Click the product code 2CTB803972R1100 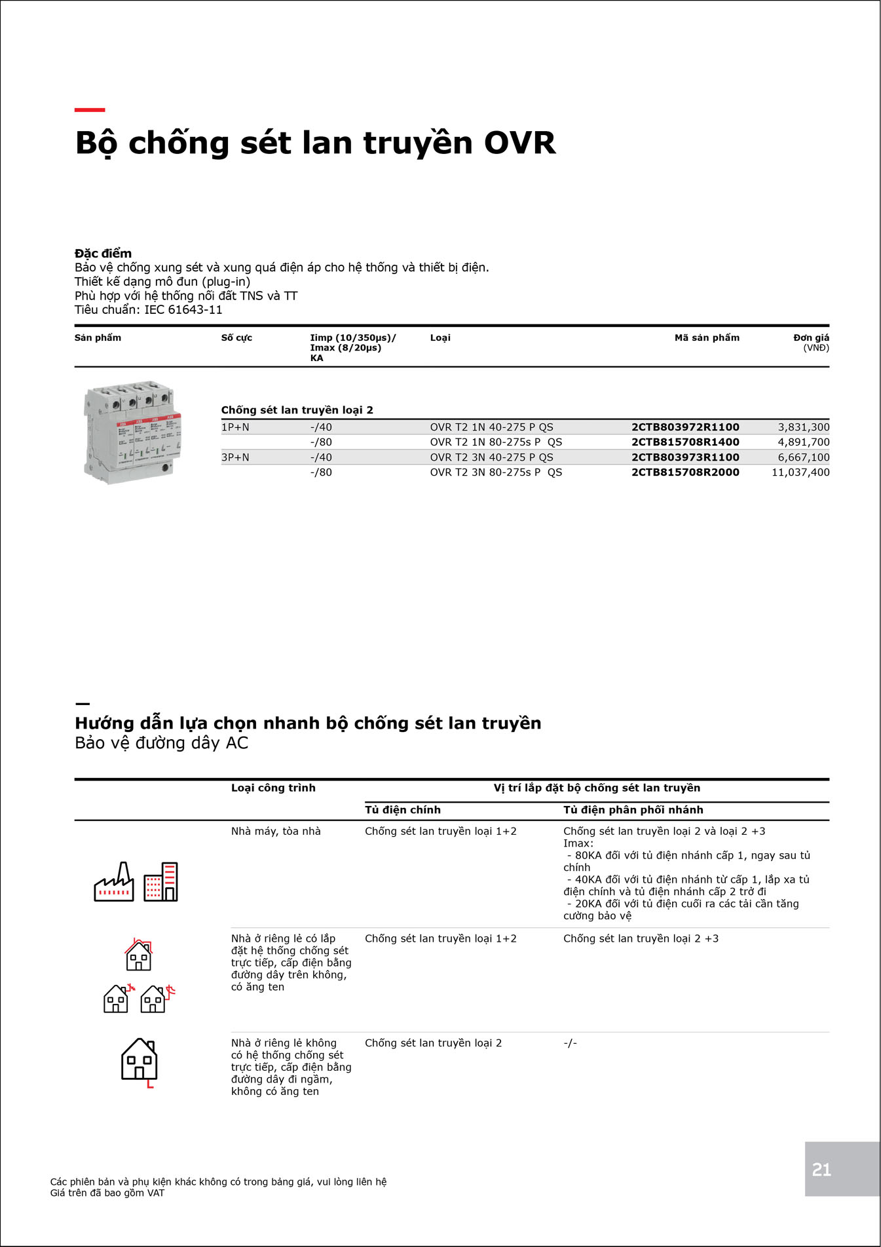pos(684,427)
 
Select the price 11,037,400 pos(800,472)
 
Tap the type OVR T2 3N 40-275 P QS pos(491,457)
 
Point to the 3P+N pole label pos(235,457)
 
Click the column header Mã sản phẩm pos(707,338)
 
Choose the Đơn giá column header pos(811,338)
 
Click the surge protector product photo pos(132,432)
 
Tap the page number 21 pos(821,1170)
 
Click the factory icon pos(114,883)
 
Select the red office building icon pos(161,881)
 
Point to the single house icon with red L pos(140,1061)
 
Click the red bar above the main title pos(90,110)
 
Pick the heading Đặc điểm pos(103,254)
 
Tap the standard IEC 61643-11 pos(183,310)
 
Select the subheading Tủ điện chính pos(402,810)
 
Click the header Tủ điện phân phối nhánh pos(633,810)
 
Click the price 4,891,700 pos(803,442)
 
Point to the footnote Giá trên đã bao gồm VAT pos(107,1193)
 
